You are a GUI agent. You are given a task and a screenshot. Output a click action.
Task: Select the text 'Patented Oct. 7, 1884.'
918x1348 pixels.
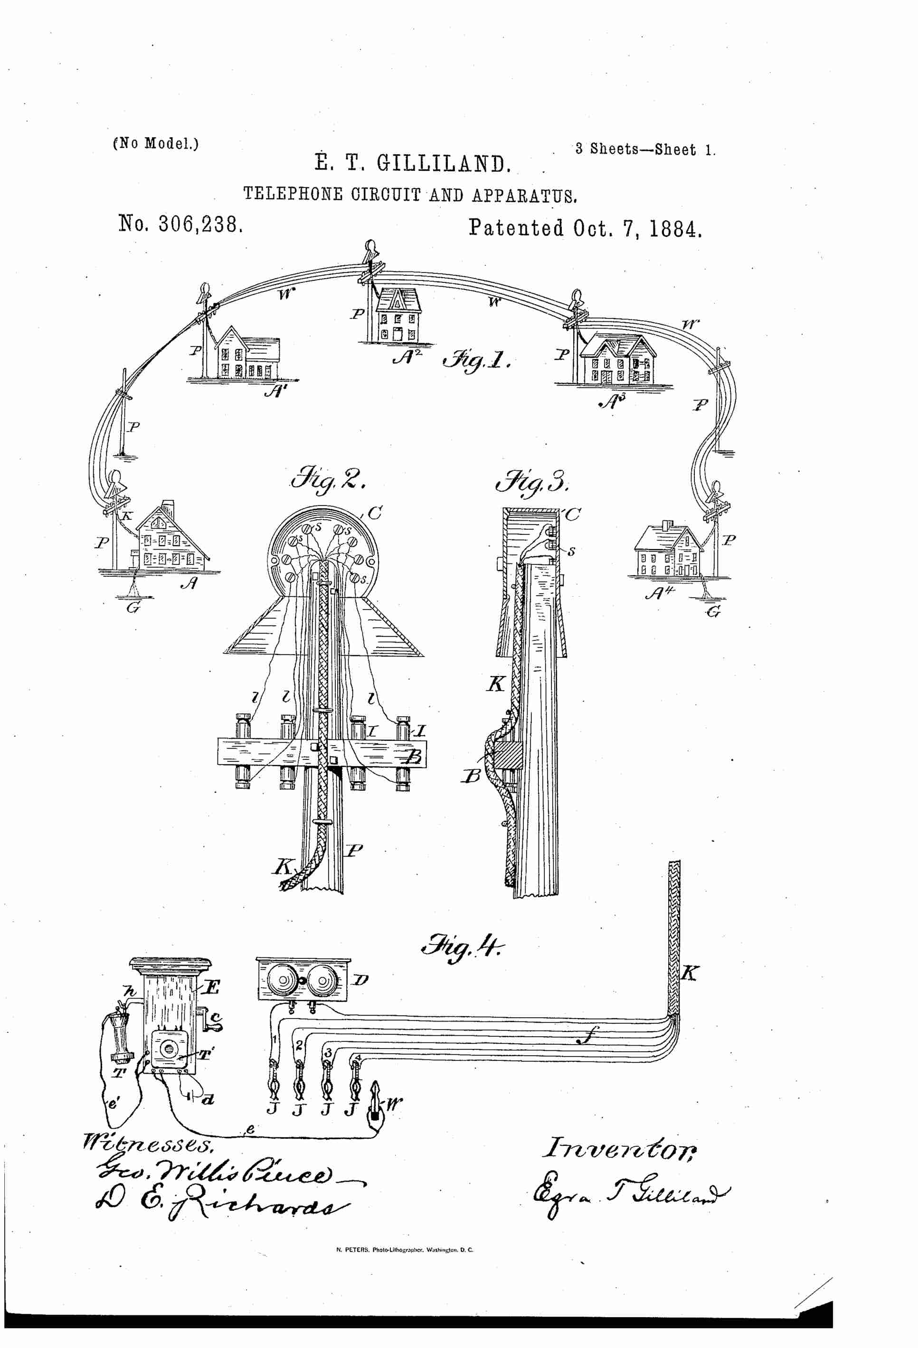[x=585, y=228]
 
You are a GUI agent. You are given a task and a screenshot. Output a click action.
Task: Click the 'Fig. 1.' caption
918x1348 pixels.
[x=476, y=362]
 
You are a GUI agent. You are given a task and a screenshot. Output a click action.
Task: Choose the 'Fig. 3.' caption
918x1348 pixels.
[x=532, y=481]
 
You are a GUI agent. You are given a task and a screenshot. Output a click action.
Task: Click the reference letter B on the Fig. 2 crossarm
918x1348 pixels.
[x=413, y=757]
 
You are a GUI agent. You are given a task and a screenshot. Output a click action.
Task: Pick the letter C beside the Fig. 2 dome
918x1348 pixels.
[x=375, y=513]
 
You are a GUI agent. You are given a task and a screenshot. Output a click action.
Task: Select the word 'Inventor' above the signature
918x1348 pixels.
[x=619, y=1148]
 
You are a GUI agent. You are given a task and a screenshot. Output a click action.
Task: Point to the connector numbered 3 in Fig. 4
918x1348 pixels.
[x=328, y=1080]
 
